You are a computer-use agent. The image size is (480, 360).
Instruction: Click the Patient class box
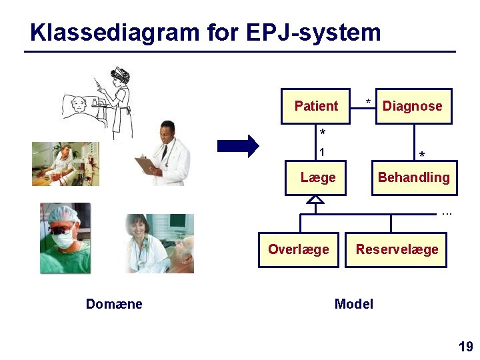pyautogui.click(x=315, y=106)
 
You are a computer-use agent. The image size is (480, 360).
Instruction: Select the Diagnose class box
pyautogui.click(x=413, y=106)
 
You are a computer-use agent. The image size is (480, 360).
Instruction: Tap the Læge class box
pyautogui.click(x=316, y=177)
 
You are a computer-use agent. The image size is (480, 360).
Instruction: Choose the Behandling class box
pyautogui.click(x=414, y=177)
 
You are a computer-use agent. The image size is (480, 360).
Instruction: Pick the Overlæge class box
pyautogui.click(x=299, y=249)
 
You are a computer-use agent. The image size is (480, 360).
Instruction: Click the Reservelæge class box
pyautogui.click(x=396, y=249)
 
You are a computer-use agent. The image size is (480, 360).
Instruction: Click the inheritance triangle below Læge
pyautogui.click(x=316, y=199)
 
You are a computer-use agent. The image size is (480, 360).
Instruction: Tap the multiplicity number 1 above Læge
pyautogui.click(x=322, y=153)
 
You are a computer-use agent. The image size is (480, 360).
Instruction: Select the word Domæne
pyautogui.click(x=114, y=305)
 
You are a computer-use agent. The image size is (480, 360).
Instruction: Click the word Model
pyautogui.click(x=353, y=305)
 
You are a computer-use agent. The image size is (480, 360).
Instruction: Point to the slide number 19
pyautogui.click(x=465, y=347)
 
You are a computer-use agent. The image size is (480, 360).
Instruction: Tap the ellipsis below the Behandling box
pyautogui.click(x=447, y=213)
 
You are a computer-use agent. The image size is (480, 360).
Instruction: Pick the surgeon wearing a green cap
pyautogui.click(x=65, y=238)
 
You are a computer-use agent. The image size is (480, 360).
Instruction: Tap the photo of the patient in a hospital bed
pyautogui.click(x=65, y=163)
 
